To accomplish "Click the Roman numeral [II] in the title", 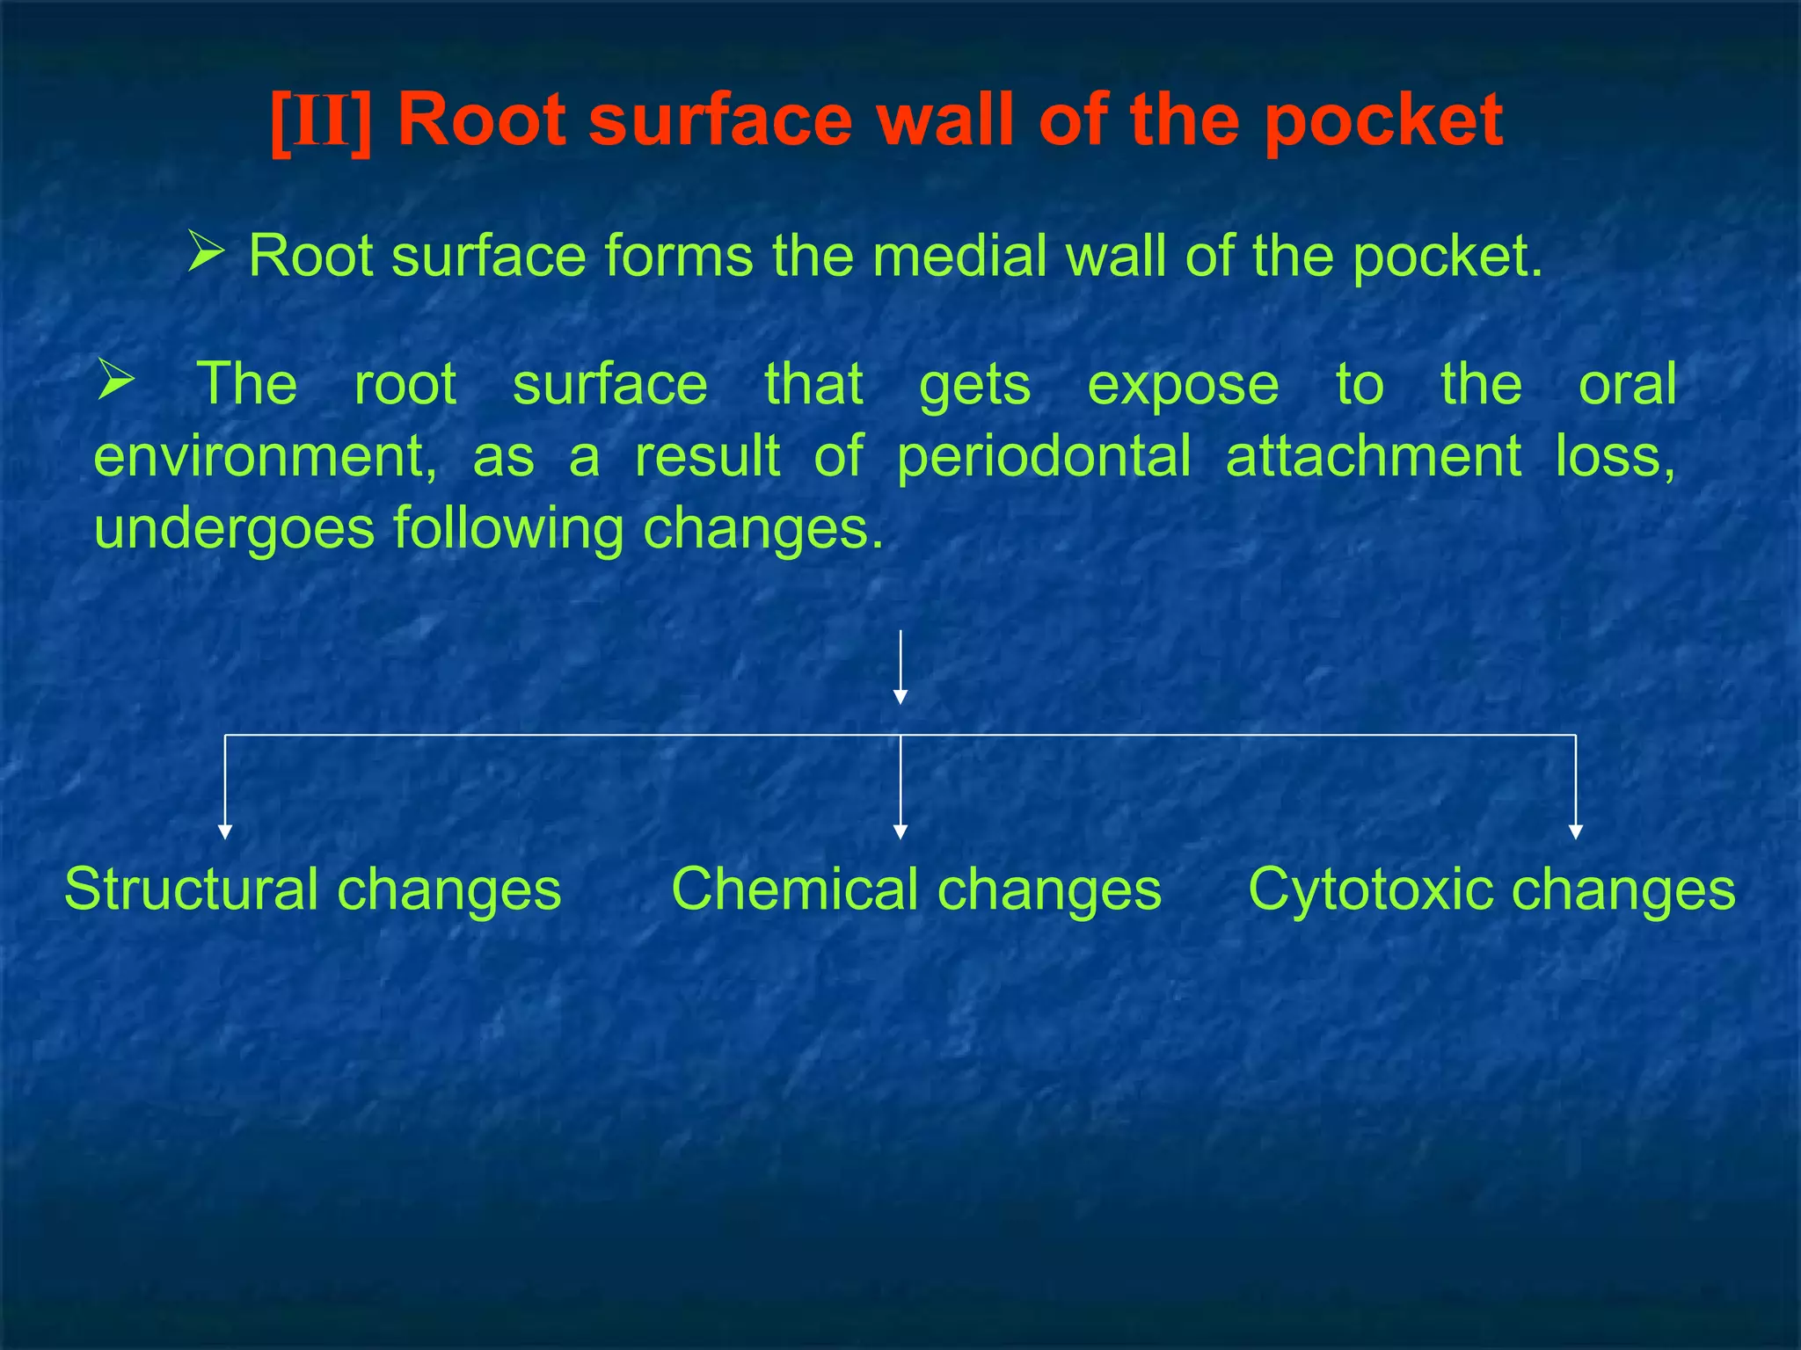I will tap(321, 121).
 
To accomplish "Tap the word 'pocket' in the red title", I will tap(1383, 121).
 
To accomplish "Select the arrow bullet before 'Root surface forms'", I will tap(206, 251).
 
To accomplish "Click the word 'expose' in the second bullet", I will tap(1183, 384).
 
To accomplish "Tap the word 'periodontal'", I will tap(1044, 456).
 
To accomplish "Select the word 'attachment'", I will tap(1373, 456).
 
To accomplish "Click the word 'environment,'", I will tap(265, 456).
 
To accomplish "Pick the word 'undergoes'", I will tap(234, 528).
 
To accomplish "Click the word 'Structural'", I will tap(191, 889).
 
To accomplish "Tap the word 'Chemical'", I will tap(794, 889).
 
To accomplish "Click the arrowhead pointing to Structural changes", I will tap(225, 831).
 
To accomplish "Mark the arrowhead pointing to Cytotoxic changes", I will tap(1575, 831).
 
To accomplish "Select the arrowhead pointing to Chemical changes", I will tap(900, 831).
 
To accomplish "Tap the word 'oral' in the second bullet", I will tap(1627, 384).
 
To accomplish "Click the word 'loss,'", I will tap(1615, 456).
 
